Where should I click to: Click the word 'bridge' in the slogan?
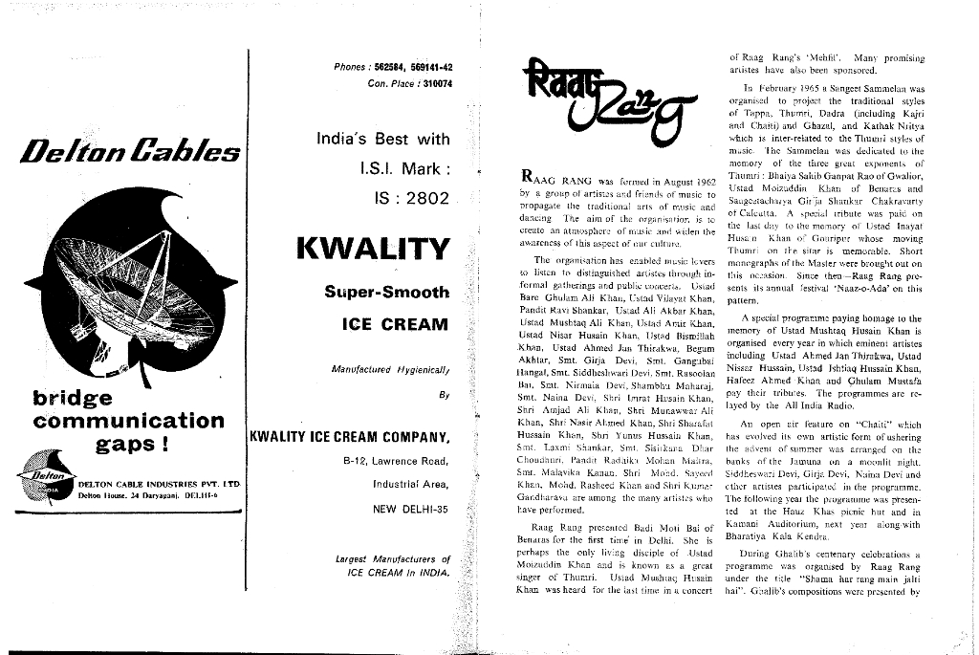(x=72, y=396)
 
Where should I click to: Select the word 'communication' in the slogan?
(x=128, y=420)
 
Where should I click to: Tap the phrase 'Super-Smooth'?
(x=385, y=292)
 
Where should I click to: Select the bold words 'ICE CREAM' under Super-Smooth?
(x=394, y=324)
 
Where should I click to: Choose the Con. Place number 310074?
(x=431, y=83)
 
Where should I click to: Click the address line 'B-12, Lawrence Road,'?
(x=396, y=461)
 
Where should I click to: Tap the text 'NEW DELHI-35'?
(x=410, y=508)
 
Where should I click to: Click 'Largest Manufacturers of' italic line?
(x=393, y=558)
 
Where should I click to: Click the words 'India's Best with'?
(x=382, y=140)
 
